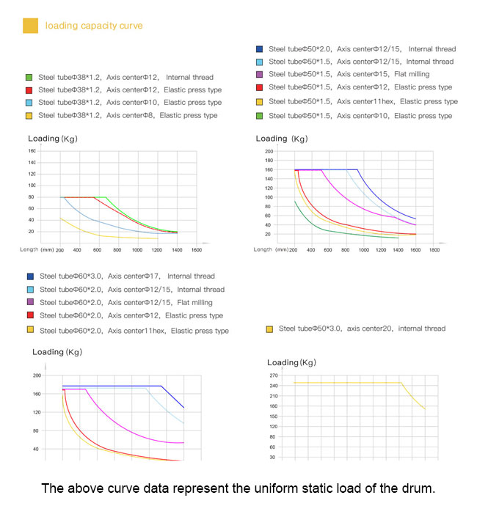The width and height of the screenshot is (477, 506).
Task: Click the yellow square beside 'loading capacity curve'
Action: coord(30,26)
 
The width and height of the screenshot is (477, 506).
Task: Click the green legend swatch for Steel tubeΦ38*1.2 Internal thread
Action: coord(29,76)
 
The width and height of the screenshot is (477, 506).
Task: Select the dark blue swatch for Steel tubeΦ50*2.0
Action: coord(260,49)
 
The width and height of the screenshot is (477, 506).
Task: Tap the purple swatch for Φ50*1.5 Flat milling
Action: coord(260,75)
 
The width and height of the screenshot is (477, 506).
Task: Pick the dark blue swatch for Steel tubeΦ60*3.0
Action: coord(30,276)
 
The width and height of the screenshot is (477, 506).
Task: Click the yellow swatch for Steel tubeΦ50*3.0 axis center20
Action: coord(269,329)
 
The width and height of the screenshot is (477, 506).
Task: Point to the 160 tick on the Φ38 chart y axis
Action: coord(32,151)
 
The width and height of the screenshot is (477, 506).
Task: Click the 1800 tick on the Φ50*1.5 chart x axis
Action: coord(434,250)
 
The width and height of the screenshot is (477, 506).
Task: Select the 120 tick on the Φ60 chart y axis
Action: coord(37,412)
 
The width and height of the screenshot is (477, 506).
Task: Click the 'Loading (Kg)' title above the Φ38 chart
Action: coord(53,139)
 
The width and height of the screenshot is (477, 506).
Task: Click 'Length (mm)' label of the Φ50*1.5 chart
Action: coord(271,249)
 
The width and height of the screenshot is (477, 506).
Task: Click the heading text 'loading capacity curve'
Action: coord(94,26)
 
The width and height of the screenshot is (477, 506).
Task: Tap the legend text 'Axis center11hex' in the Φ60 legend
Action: coord(139,331)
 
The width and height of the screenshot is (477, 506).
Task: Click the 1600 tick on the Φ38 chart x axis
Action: coord(197,250)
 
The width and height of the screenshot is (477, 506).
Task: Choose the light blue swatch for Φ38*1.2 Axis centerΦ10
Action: coord(29,103)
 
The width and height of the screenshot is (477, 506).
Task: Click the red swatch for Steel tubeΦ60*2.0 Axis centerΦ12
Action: coord(30,316)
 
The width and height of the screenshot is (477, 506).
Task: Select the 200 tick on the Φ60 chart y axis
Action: coord(37,375)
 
